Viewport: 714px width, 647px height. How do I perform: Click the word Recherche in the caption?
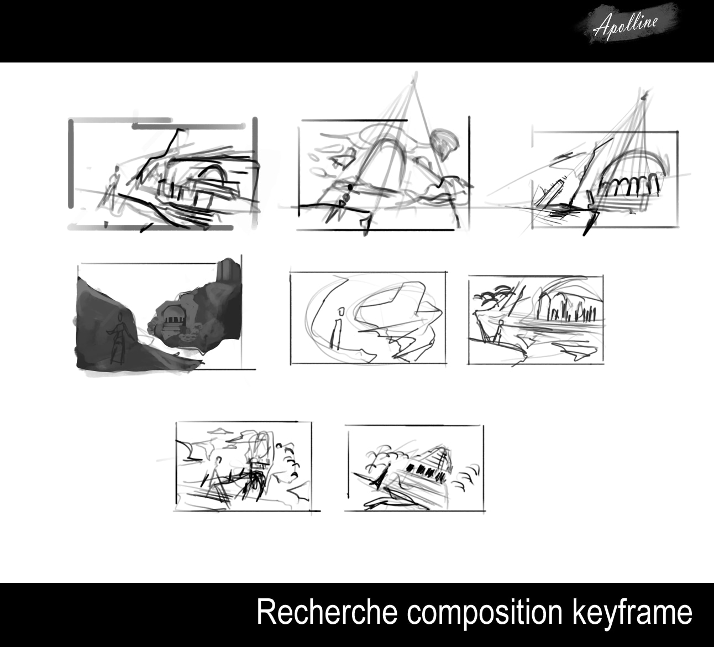(327, 612)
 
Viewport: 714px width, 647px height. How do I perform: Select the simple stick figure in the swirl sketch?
(337, 329)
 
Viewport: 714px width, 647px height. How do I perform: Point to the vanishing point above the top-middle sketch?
(414, 81)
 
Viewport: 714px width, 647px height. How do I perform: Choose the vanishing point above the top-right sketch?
(645, 96)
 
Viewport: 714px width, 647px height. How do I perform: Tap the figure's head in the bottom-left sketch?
(219, 460)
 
